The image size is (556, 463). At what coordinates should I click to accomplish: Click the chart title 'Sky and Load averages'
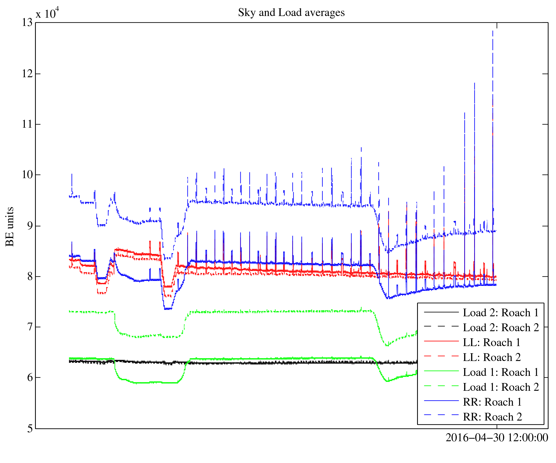(291, 13)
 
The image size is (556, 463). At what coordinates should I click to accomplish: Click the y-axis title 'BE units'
(10, 226)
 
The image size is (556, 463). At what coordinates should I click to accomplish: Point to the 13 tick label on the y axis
(27, 23)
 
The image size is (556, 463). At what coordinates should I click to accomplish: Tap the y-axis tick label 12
(27, 74)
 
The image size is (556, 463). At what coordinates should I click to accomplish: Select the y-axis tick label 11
(27, 124)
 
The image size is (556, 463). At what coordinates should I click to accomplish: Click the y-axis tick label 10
(27, 175)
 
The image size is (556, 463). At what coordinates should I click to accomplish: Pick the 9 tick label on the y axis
(30, 226)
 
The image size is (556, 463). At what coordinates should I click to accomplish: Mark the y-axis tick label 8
(30, 277)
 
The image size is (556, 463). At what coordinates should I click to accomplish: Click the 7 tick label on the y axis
(30, 327)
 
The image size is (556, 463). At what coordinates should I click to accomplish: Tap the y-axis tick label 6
(30, 378)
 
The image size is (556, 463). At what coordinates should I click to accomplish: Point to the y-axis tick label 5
(30, 429)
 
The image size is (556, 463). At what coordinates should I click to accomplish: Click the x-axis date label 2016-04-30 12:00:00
(497, 438)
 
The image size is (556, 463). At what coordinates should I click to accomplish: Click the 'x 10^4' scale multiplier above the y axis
(47, 13)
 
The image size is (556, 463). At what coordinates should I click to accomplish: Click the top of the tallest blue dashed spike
(493, 31)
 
